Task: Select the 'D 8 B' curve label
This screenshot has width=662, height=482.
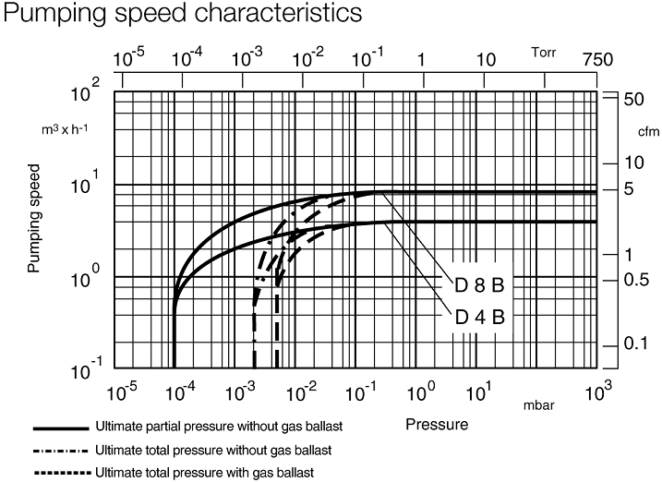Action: (x=479, y=283)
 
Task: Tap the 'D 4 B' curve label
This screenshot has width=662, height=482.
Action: (x=479, y=316)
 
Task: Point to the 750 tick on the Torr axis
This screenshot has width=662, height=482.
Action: (x=597, y=60)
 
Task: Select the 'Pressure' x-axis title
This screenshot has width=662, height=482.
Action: (x=436, y=426)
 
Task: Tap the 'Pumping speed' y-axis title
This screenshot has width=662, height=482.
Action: (x=34, y=220)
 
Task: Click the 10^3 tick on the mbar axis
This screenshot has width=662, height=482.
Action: (x=597, y=393)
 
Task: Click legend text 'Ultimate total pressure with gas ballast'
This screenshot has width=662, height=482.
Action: (x=204, y=473)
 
